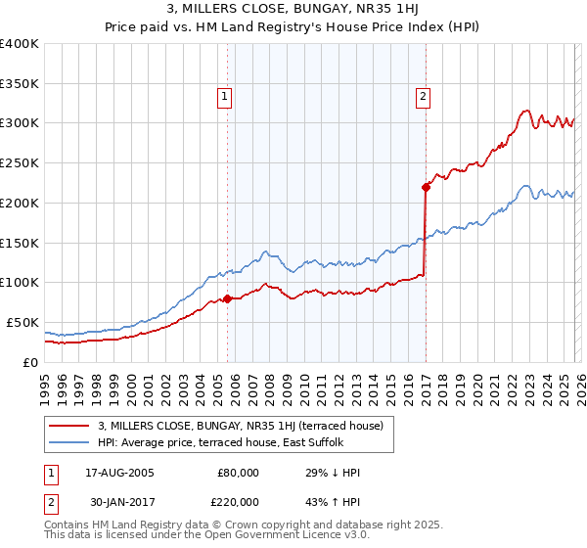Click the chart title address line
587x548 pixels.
point(293,11)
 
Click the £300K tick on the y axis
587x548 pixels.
point(20,123)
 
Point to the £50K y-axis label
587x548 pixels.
point(23,322)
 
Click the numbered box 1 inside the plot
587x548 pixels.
point(226,96)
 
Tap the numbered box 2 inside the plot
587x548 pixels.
point(423,96)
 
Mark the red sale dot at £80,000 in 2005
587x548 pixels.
point(228,298)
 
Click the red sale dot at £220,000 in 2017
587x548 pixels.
point(426,186)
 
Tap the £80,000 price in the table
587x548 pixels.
point(239,473)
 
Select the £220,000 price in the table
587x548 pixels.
point(236,500)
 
